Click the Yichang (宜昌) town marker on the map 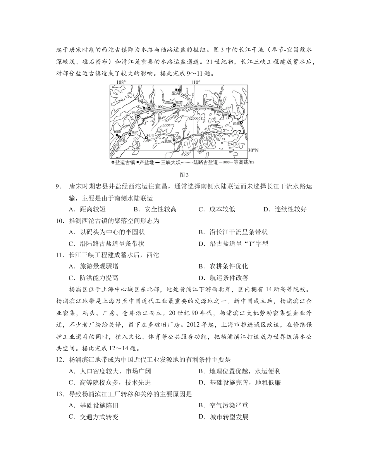pos(241,123)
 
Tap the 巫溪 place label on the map pos(175,93)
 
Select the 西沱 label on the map pos(135,133)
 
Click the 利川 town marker pos(146,138)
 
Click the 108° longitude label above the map pos(121,82)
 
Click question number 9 pos(59,186)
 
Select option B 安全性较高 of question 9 pos(155,209)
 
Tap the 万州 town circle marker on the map pos(138,116)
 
